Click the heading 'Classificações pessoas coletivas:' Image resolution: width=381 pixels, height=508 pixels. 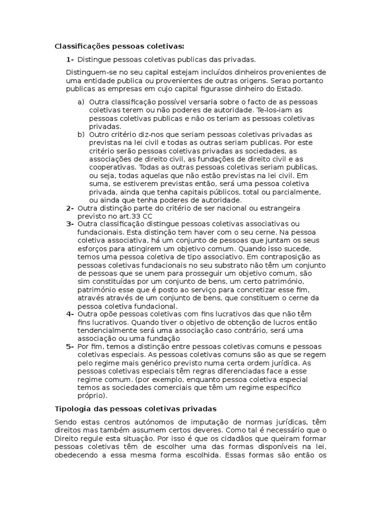[119, 47]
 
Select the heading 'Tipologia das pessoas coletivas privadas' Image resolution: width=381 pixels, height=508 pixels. [135, 409]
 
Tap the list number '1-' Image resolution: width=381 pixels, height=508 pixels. [70, 60]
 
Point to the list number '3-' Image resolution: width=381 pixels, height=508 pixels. [70, 224]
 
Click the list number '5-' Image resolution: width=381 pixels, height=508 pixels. [70, 346]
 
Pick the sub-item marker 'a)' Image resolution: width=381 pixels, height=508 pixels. [81, 102]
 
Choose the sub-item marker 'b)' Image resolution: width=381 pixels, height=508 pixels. [81, 134]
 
